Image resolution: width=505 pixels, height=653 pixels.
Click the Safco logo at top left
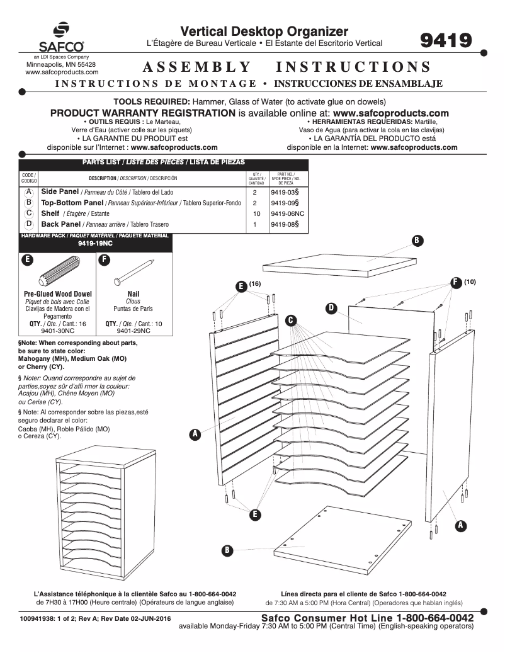coord(61,38)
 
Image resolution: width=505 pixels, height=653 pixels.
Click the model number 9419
coord(446,41)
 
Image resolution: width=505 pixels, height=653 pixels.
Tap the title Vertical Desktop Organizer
coord(264,31)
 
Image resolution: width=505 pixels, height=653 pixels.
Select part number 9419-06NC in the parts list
coord(287,213)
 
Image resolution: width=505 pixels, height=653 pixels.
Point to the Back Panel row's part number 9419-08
coord(284,224)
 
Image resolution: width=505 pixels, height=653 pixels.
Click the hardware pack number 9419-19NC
coord(95,242)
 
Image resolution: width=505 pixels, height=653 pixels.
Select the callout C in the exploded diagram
coord(292,321)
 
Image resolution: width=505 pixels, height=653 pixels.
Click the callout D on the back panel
coord(331,307)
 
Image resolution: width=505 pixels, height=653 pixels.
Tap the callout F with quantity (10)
coord(455,283)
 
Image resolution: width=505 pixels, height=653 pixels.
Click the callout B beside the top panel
coord(416,240)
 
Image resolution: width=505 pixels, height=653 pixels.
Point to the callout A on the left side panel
coord(195,434)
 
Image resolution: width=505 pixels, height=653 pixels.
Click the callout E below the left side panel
coord(255,514)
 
